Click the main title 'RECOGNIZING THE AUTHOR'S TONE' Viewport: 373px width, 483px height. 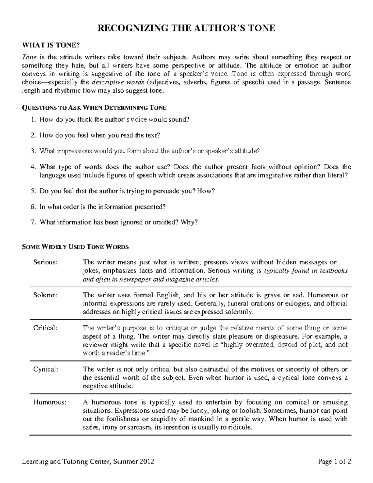(x=186, y=28)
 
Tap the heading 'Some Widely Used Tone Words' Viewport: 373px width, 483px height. (x=75, y=247)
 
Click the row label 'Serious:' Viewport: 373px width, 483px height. (x=45, y=262)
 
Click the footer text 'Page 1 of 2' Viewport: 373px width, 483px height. (x=334, y=462)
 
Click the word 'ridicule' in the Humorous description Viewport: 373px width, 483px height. (x=238, y=427)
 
